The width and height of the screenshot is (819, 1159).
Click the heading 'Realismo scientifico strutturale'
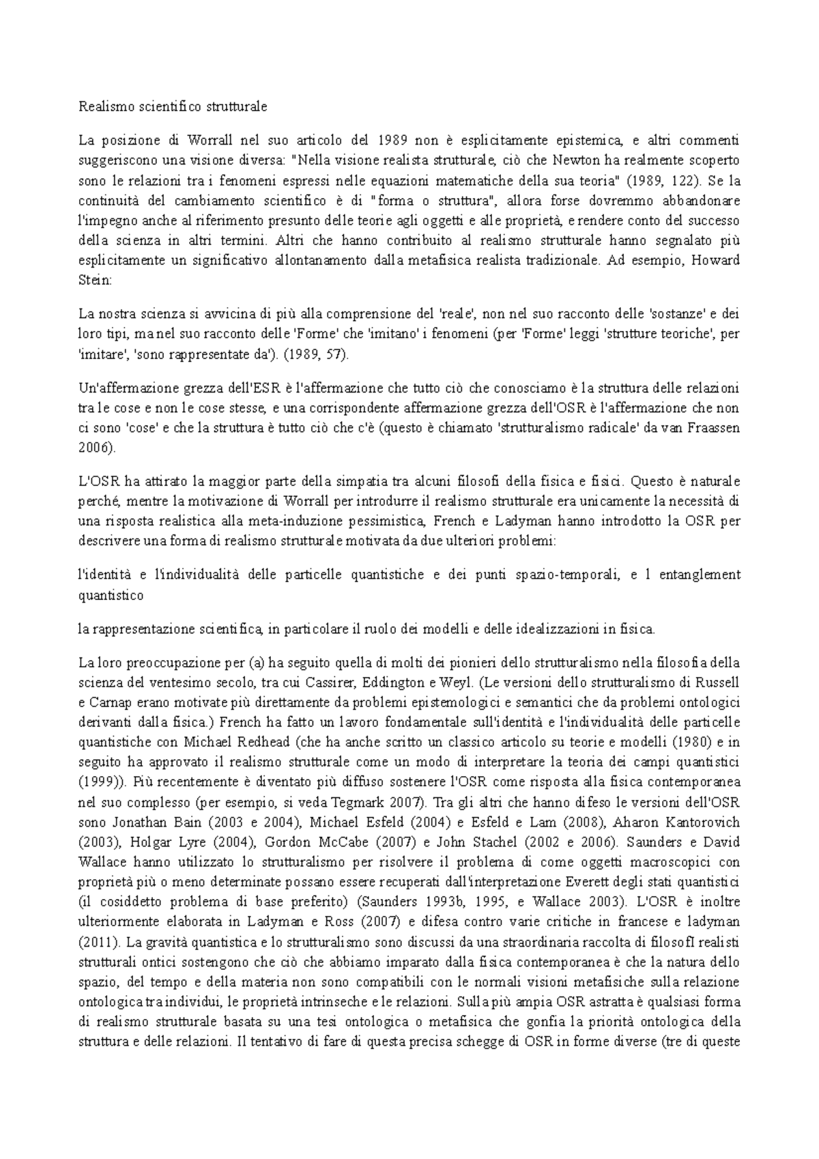coord(173,106)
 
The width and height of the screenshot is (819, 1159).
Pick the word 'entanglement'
coord(701,575)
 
